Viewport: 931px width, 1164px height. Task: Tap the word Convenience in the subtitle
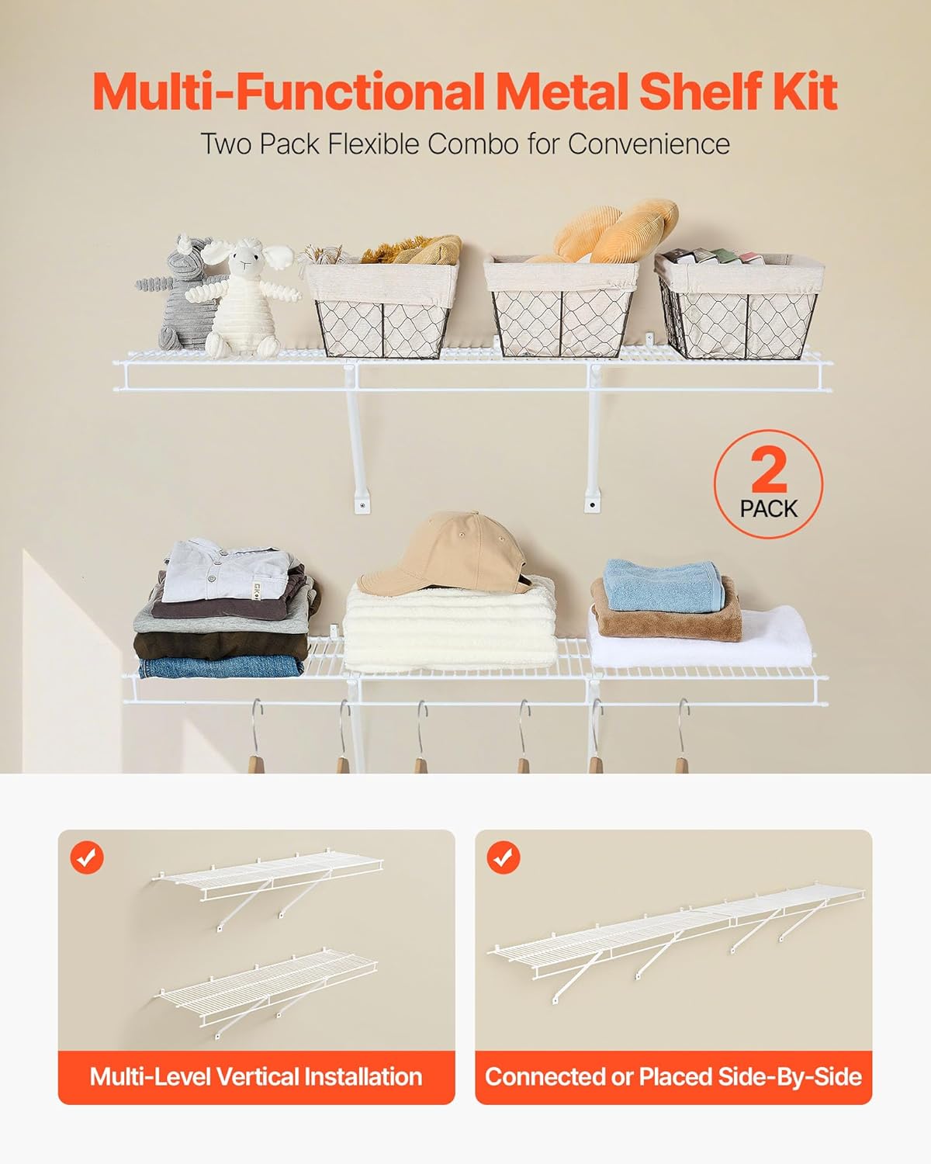click(x=649, y=144)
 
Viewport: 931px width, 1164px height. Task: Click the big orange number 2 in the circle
click(x=769, y=470)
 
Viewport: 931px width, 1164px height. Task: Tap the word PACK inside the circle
click(x=768, y=509)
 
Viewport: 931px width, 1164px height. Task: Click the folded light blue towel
click(x=663, y=584)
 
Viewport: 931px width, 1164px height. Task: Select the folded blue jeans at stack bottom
click(x=221, y=667)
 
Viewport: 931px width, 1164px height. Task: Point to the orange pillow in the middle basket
click(x=613, y=229)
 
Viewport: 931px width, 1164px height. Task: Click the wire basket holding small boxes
click(x=737, y=310)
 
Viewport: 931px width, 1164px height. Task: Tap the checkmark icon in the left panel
click(x=87, y=857)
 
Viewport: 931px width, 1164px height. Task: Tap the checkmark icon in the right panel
click(x=504, y=857)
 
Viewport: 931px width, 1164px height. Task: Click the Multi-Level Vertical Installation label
click(x=256, y=1077)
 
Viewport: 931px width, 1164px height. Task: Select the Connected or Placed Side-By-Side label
click(x=673, y=1077)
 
